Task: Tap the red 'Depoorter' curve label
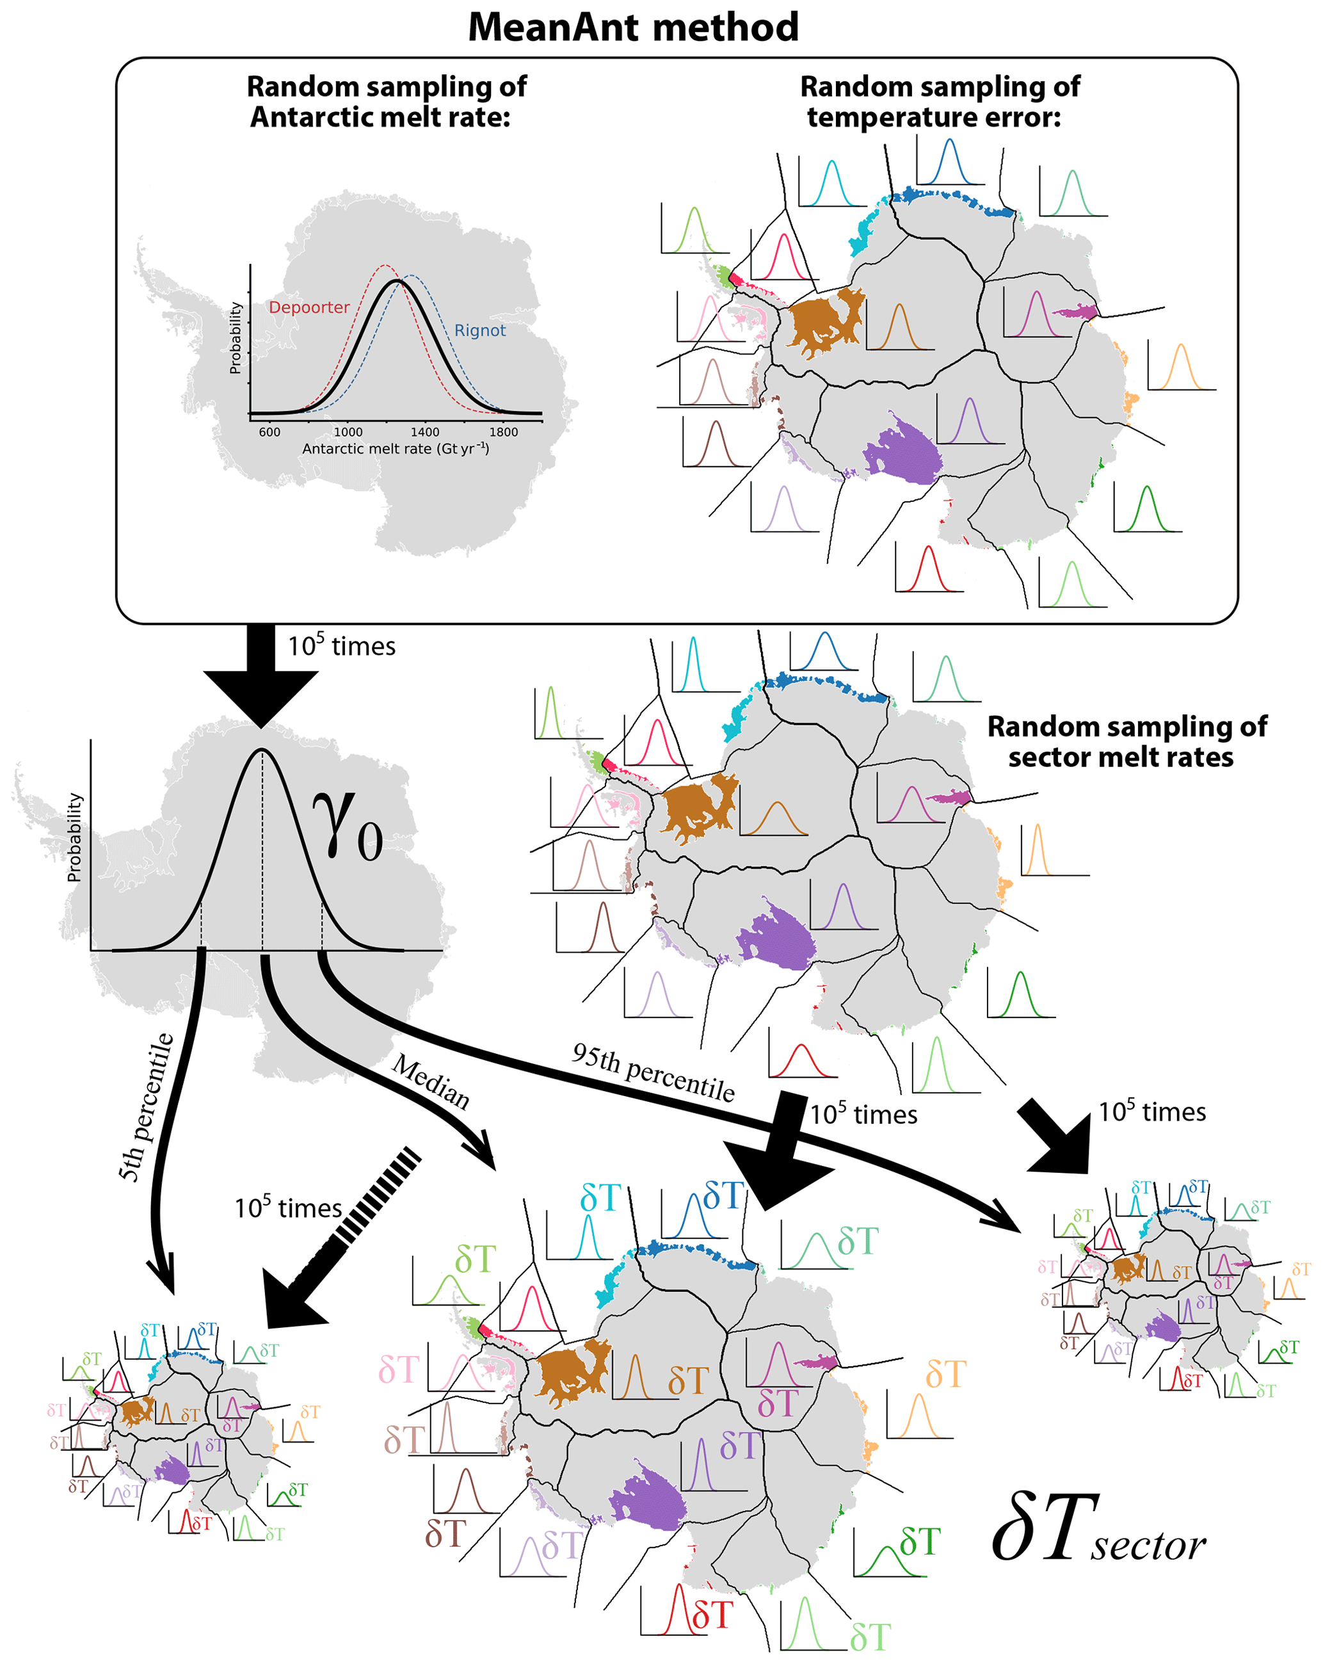click(309, 307)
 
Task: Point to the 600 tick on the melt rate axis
click(269, 432)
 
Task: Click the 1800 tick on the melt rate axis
click(503, 432)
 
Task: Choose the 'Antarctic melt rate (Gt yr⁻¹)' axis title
click(395, 449)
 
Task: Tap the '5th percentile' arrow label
click(147, 1107)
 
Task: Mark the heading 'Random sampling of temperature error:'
click(939, 101)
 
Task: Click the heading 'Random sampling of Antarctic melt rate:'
click(386, 101)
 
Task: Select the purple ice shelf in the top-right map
click(902, 449)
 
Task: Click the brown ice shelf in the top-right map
click(822, 321)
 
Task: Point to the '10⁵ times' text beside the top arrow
click(341, 646)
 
